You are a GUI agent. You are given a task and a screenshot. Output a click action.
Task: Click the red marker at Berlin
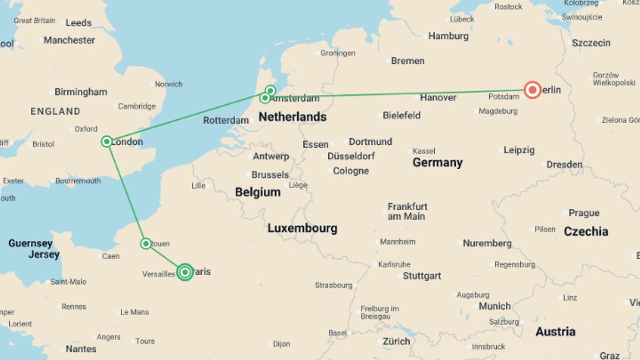tap(532, 90)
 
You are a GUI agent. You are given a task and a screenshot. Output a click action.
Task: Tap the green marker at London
tap(107, 142)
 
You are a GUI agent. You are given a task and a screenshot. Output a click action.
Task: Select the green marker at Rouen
tap(146, 244)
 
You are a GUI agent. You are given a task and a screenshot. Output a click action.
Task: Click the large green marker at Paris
tap(185, 272)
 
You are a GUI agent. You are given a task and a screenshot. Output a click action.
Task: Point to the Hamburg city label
tap(448, 36)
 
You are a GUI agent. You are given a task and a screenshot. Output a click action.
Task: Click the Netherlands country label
tap(292, 117)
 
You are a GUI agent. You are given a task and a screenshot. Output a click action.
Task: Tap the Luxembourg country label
tap(302, 228)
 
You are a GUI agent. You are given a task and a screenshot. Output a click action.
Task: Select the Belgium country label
tap(258, 192)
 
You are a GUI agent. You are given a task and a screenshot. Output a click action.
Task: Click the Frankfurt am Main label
tap(407, 211)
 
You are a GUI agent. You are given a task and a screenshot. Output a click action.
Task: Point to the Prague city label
tap(584, 213)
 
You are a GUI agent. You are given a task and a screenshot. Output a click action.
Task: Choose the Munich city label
tap(494, 306)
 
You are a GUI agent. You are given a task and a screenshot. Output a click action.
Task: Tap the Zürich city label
tap(396, 341)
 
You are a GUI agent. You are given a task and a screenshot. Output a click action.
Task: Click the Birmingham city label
tap(81, 92)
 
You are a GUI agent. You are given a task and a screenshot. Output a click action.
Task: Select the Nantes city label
tap(81, 349)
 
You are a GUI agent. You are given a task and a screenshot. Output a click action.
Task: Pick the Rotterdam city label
tap(226, 120)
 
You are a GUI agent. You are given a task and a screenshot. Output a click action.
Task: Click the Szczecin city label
tap(591, 43)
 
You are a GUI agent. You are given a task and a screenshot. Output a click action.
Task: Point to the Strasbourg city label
tap(333, 285)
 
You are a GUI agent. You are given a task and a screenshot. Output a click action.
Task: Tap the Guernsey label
tap(30, 243)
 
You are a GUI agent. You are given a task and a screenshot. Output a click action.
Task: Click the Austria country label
tap(555, 331)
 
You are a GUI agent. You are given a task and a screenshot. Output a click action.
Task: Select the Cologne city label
tap(351, 171)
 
